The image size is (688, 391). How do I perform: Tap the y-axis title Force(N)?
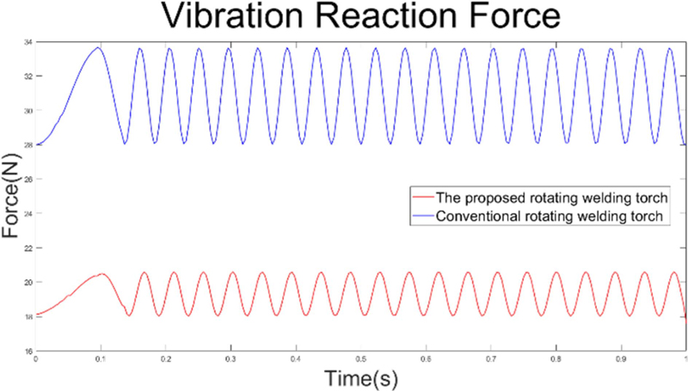pyautogui.click(x=12, y=197)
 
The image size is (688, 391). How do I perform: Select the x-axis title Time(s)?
pyautogui.click(x=359, y=376)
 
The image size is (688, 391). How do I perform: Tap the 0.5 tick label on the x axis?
pyautogui.click(x=360, y=357)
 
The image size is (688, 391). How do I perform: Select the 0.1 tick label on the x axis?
pyautogui.click(x=101, y=357)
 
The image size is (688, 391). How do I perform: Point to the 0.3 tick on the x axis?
pyautogui.click(x=230, y=357)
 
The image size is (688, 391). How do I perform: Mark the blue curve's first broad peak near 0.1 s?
pyautogui.click(x=99, y=48)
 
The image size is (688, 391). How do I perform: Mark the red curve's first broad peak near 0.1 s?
pyautogui.click(x=101, y=274)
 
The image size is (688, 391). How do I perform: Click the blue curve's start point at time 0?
pyautogui.click(x=36, y=144)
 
